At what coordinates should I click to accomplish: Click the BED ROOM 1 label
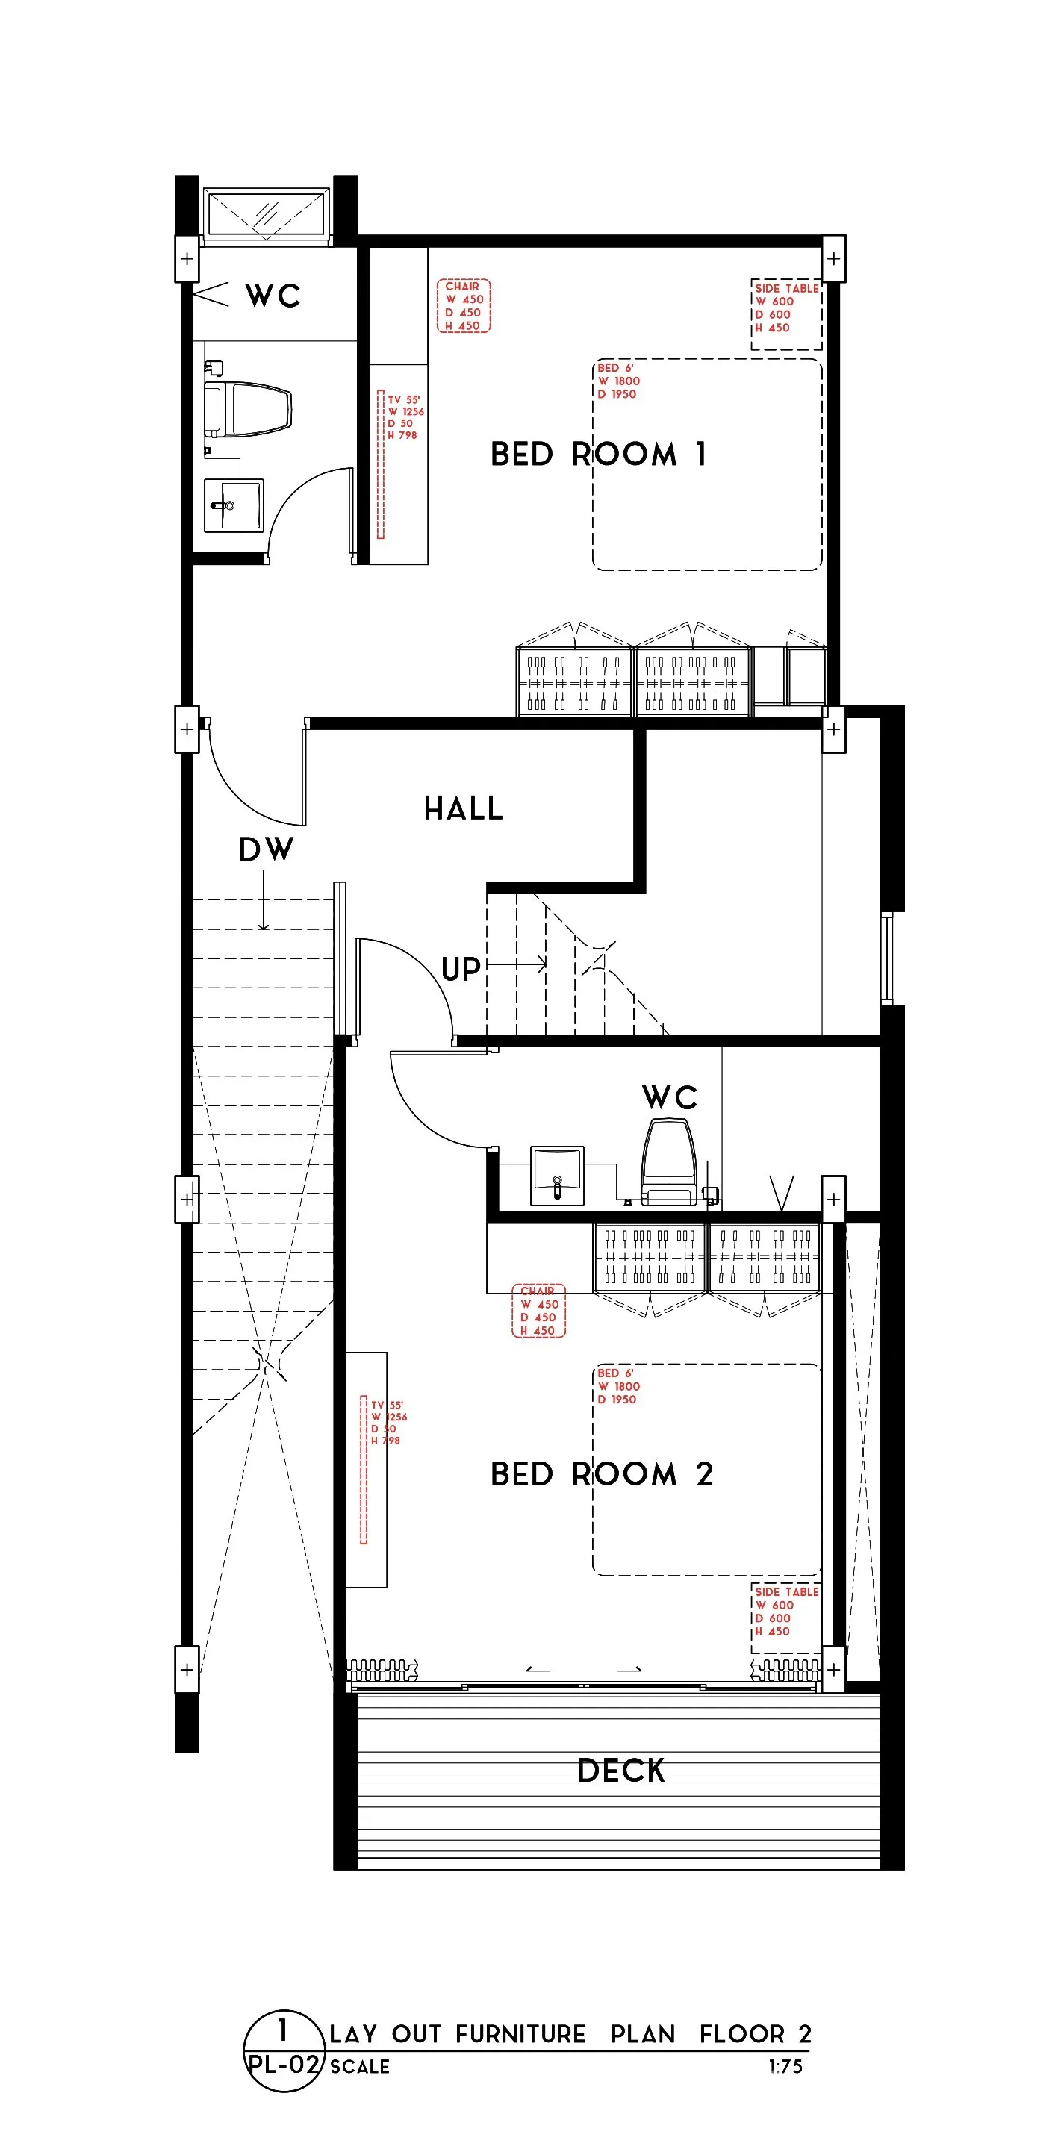point(599,455)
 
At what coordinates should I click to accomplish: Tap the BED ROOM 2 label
point(602,1474)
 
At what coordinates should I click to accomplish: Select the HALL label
point(464,808)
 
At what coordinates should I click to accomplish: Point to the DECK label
point(620,1771)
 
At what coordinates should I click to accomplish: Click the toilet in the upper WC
point(248,409)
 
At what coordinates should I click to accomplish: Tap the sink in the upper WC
point(234,505)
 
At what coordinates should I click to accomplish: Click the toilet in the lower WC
point(669,1163)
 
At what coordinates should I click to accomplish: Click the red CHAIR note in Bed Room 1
point(464,306)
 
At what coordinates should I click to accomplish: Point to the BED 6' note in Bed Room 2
point(618,1387)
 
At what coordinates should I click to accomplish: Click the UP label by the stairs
point(461,969)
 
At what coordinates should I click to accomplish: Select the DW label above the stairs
point(267,849)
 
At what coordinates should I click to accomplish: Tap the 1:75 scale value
point(785,2067)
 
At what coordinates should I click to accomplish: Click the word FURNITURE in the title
point(520,2034)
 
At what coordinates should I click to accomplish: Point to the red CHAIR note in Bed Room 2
point(539,1311)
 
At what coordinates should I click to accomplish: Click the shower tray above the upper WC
point(267,214)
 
